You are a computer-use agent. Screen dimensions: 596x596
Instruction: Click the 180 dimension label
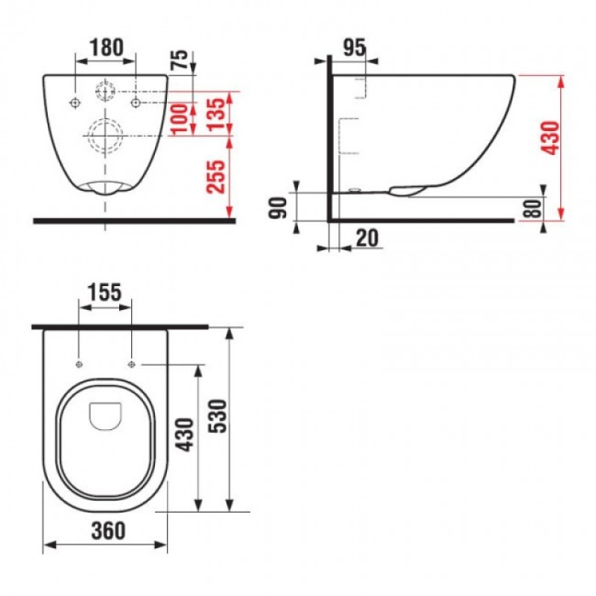coord(107,48)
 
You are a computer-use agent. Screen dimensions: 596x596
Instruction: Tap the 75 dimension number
coord(180,60)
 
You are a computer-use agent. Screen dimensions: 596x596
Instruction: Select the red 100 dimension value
coord(180,118)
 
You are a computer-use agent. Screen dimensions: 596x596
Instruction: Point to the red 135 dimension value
coord(217,115)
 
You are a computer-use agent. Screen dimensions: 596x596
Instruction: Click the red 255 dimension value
coord(215,177)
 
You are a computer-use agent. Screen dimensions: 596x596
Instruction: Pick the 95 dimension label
coord(355,48)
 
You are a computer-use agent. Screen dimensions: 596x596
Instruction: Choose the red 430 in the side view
coord(549,138)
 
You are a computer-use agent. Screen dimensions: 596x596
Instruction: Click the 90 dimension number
coord(278,208)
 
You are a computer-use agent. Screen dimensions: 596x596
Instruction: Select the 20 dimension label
coord(367,238)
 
